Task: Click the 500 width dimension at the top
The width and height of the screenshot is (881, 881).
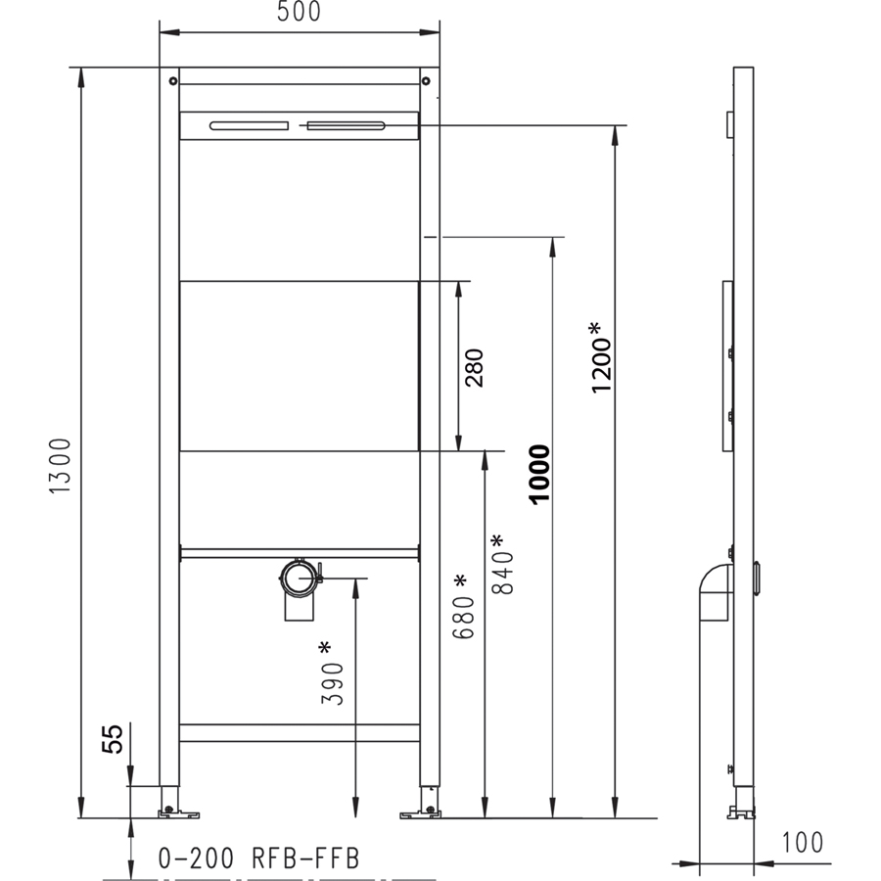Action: pos(299,11)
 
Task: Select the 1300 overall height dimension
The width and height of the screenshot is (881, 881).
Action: pos(60,466)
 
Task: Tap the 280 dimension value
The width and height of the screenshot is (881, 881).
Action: pos(474,368)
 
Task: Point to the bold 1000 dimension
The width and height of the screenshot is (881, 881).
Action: pos(539,474)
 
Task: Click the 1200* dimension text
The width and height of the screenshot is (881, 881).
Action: pos(602,357)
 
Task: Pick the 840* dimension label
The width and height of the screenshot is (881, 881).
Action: pos(502,564)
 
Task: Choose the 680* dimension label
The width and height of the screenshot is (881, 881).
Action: pos(464,607)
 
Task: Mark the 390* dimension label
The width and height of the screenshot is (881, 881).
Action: pos(332,673)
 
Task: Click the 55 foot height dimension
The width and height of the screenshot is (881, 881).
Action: pos(112,739)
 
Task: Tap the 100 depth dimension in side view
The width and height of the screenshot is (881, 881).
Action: pos(803,842)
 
